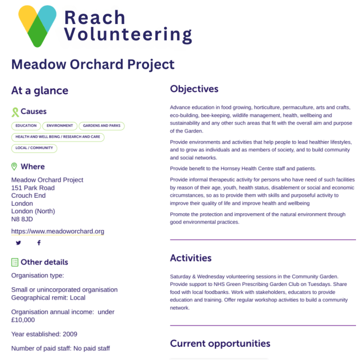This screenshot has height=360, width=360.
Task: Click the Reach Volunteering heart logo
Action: pyautogui.click(x=37, y=26)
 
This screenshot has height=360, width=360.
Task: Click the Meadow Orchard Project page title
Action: pyautogui.click(x=93, y=64)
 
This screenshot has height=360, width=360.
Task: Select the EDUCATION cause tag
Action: pyautogui.click(x=26, y=126)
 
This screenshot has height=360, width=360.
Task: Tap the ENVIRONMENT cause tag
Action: pyautogui.click(x=60, y=126)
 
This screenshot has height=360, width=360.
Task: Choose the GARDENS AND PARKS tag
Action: pyautogui.click(x=101, y=126)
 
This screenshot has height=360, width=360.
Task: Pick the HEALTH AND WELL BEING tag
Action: pyautogui.click(x=57, y=137)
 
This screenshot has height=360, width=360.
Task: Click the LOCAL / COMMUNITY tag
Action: pyautogui.click(x=34, y=148)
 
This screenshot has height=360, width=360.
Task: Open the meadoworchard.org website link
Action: pyautogui.click(x=58, y=232)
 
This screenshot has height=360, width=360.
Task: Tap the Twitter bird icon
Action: pyautogui.click(x=18, y=243)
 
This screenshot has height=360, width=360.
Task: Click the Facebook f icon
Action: pyautogui.click(x=39, y=243)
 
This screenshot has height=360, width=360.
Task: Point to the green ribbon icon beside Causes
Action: pyautogui.click(x=15, y=112)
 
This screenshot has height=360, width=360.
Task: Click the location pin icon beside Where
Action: pyautogui.click(x=15, y=167)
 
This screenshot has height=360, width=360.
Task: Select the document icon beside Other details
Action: pyautogui.click(x=15, y=262)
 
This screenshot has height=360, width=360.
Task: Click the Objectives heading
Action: pyautogui.click(x=194, y=89)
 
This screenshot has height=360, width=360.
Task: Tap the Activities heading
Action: pyautogui.click(x=191, y=258)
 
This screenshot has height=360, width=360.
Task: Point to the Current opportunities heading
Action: pyautogui.click(x=220, y=343)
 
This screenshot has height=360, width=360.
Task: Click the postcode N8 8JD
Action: pyautogui.click(x=22, y=219)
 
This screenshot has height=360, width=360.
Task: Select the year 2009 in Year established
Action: pyautogui.click(x=70, y=334)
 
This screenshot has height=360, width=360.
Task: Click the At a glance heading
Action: pyautogui.click(x=40, y=91)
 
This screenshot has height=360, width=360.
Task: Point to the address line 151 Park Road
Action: pyautogui.click(x=33, y=188)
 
